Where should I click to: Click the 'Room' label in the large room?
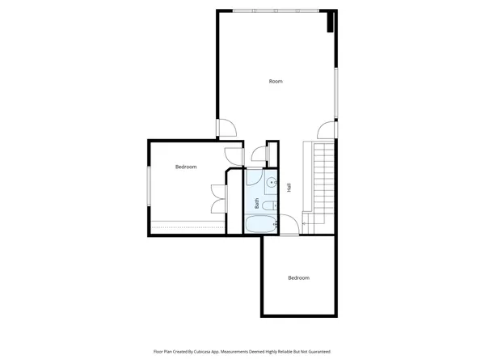pyautogui.click(x=276, y=81)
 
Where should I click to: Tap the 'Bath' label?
pyautogui.click(x=258, y=204)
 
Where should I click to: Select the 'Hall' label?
pyautogui.click(x=288, y=188)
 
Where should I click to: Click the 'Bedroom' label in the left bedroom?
pyautogui.click(x=186, y=167)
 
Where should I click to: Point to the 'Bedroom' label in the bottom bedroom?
pyautogui.click(x=298, y=277)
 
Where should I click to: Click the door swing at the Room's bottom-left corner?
pyautogui.click(x=227, y=129)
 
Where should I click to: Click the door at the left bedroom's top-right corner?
pyautogui.click(x=234, y=154)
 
